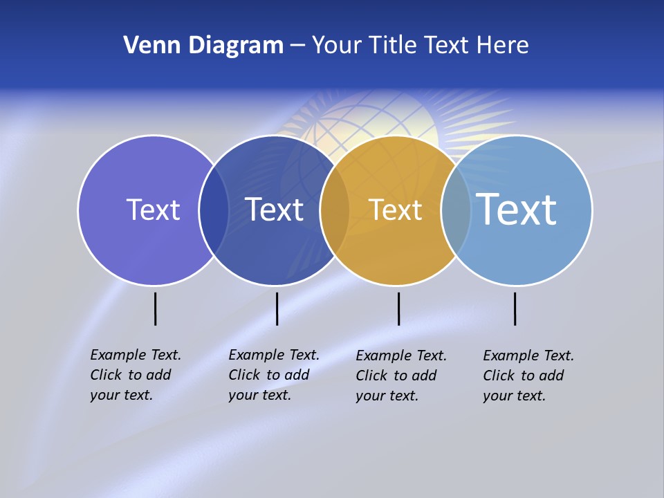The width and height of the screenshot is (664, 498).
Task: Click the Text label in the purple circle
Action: (x=153, y=210)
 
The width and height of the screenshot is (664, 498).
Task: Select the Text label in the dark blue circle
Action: (x=275, y=210)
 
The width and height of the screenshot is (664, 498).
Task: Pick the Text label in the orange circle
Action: (x=395, y=210)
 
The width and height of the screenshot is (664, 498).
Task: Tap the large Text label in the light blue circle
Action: (x=516, y=210)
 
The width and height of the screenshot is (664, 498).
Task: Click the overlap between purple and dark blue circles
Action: (x=214, y=210)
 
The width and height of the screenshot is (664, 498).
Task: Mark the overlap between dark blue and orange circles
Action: (x=335, y=210)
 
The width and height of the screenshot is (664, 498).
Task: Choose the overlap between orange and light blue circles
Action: (x=455, y=210)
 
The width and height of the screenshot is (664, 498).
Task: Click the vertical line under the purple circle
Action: (x=155, y=308)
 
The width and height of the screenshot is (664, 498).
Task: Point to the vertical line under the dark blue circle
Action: (x=277, y=308)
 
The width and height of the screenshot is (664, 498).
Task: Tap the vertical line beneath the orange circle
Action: (x=398, y=308)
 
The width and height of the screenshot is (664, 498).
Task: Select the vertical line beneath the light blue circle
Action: (x=515, y=308)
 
